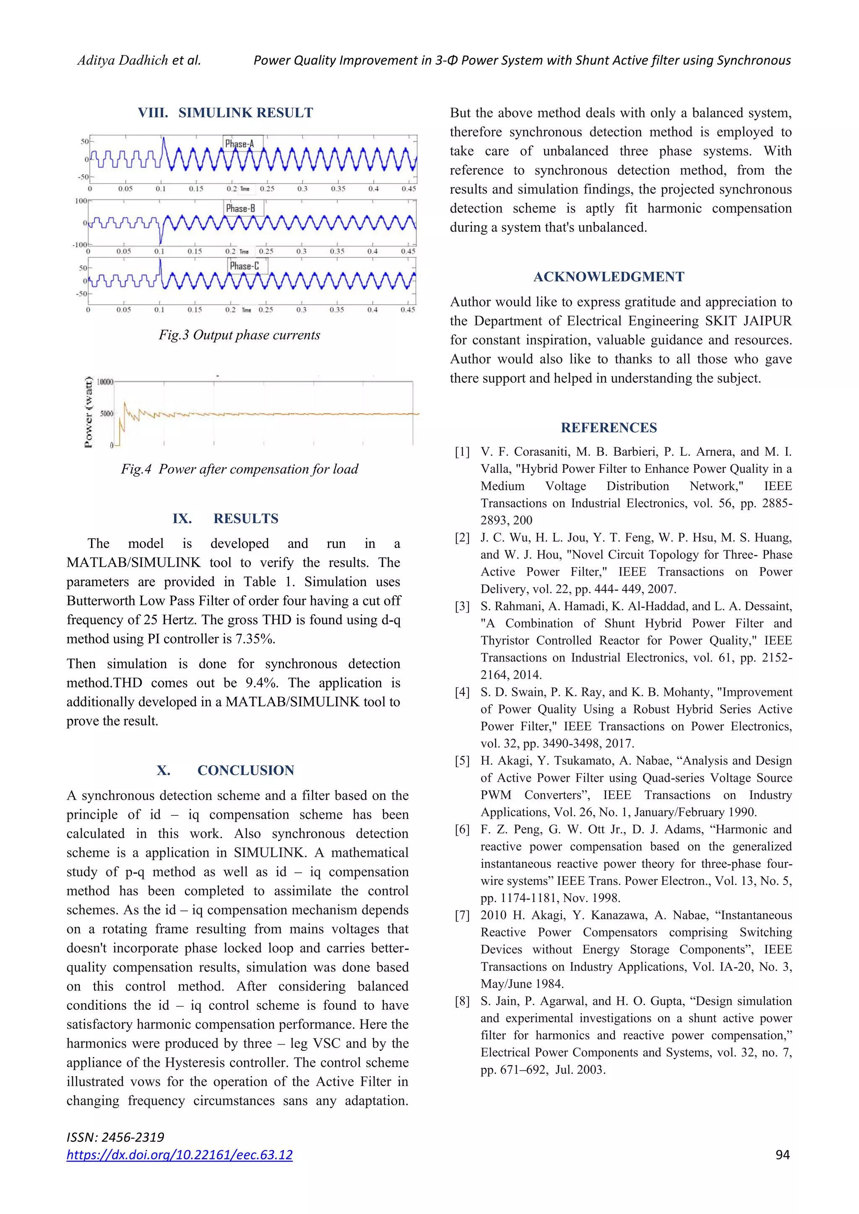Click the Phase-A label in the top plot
coord(239,144)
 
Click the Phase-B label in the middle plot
coord(240,208)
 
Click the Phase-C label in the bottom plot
coord(245,266)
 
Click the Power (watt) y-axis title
coord(89,412)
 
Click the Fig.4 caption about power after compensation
coord(239,469)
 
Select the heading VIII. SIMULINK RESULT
coord(225,113)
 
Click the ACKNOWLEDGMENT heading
coord(609,277)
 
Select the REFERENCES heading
coord(609,427)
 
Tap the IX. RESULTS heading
coord(225,518)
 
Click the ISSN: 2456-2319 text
coord(115,1137)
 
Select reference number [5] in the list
coord(462,761)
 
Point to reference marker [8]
coord(462,1001)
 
